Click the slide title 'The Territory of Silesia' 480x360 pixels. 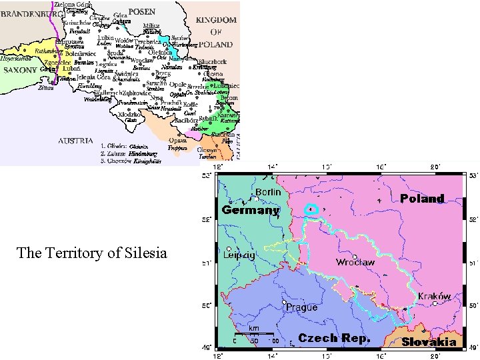[91, 253]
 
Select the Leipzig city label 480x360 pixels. [239, 255]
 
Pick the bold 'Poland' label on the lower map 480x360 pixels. [422, 198]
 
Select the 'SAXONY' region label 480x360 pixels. [21, 69]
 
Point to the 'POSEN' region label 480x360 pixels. [142, 11]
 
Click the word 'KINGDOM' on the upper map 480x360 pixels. [217, 21]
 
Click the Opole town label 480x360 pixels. [177, 85]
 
